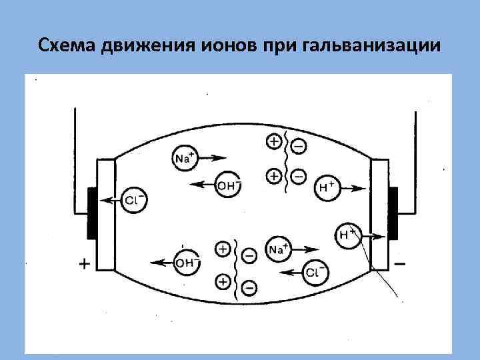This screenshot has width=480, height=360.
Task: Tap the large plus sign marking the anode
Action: [x=85, y=264]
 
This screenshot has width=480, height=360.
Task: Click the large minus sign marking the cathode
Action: [x=400, y=264]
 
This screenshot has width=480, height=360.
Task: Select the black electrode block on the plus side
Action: [x=92, y=213]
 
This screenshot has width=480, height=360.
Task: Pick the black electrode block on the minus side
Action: [x=393, y=213]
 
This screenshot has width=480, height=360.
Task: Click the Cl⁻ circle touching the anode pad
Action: [x=134, y=199]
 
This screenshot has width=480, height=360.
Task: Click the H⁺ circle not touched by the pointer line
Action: [x=327, y=187]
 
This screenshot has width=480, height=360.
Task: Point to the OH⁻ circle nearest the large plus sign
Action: [x=186, y=263]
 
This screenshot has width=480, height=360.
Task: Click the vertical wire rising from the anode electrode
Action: [x=73, y=147]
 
